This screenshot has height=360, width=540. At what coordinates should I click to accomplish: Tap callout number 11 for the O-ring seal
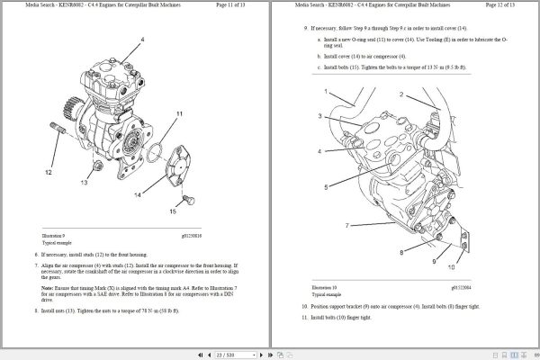point(180,114)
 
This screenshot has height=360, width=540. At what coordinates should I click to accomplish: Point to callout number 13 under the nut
point(84,181)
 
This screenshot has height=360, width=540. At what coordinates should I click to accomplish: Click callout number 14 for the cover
point(138,194)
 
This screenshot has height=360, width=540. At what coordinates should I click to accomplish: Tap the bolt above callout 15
point(187,198)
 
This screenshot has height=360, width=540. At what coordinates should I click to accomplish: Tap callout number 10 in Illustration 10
point(451,268)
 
